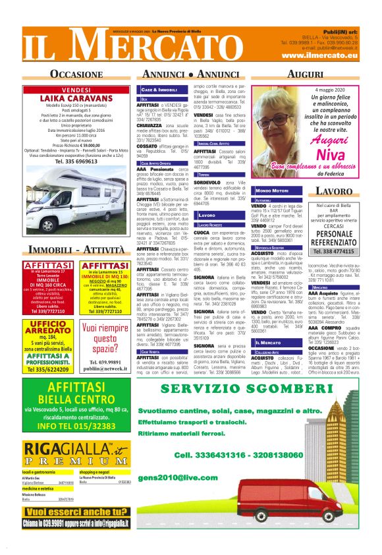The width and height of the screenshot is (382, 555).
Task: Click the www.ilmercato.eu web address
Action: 320,55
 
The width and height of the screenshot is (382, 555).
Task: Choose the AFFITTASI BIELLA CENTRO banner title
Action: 77,394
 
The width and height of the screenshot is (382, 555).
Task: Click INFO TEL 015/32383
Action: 77,426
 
